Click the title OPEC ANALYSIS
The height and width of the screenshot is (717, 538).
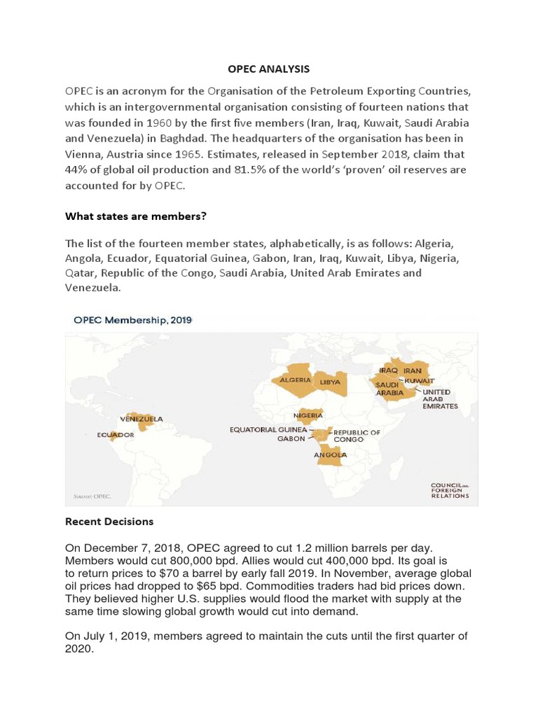coord(268,69)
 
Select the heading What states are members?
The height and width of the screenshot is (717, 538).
coord(135,216)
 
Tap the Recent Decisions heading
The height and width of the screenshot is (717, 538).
coord(109,522)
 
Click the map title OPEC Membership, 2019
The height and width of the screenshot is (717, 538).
coord(132,320)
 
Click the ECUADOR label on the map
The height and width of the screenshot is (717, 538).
coord(115,435)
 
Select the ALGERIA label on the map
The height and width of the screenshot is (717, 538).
coord(295,380)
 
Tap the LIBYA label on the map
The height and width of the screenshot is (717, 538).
coord(330,382)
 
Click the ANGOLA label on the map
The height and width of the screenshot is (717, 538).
coord(331,454)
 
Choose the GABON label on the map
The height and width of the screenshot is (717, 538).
coord(291,439)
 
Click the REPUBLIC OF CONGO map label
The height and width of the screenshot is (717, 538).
coord(357,436)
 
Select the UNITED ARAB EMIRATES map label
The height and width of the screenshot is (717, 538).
coord(440,399)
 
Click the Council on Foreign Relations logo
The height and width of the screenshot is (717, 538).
coord(450,490)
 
